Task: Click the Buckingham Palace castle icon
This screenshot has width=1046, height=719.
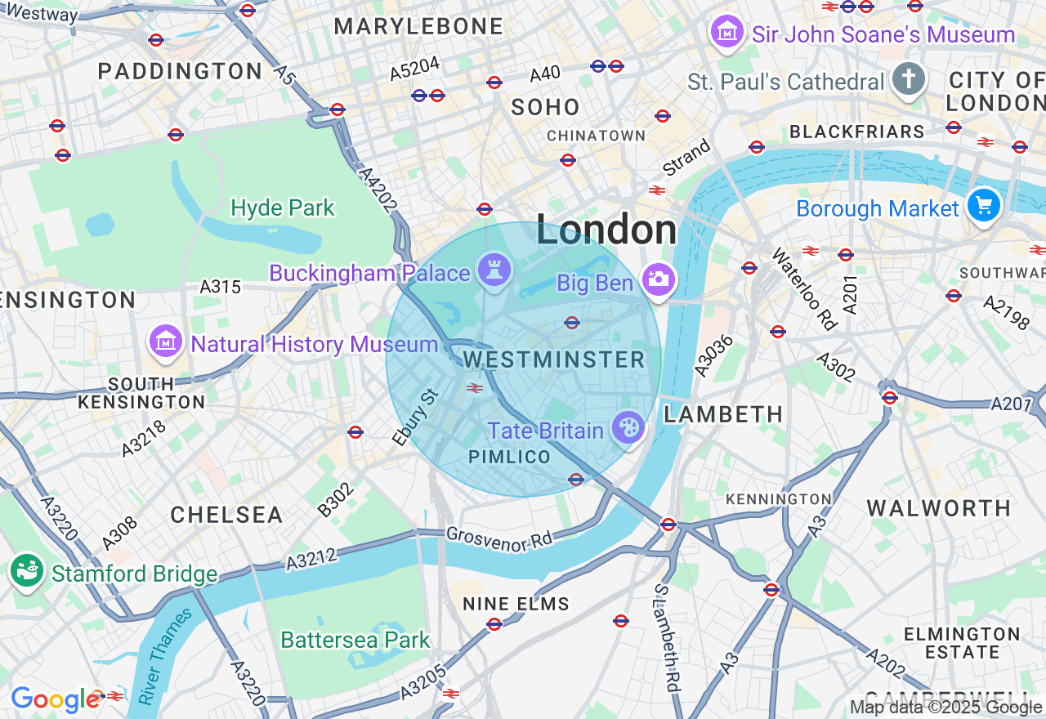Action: [494, 269]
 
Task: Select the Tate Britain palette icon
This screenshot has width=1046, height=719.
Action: [628, 427]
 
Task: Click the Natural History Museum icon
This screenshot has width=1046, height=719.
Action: [166, 341]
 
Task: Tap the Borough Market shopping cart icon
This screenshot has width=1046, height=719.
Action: [984, 205]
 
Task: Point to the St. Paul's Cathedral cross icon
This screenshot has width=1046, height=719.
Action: [909, 79]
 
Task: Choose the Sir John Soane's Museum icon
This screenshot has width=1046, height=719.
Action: [726, 32]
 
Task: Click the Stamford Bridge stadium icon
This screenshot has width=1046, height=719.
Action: [27, 570]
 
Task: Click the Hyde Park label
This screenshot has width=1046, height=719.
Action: [283, 208]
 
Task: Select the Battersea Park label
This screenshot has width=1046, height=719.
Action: [355, 640]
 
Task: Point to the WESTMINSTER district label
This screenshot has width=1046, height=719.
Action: [554, 359]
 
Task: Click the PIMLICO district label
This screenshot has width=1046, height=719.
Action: [510, 458]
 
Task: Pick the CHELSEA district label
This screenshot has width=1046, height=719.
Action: [226, 515]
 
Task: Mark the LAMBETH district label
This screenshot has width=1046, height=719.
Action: [723, 414]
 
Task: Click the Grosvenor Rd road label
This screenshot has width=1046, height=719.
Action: [499, 539]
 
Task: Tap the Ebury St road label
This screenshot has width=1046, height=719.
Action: [416, 418]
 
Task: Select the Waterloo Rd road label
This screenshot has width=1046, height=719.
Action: [805, 289]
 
